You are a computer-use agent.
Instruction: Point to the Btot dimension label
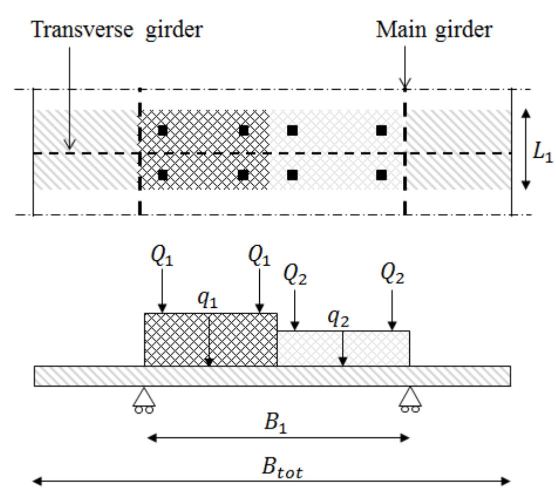(282, 469)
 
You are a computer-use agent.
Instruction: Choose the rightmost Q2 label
(392, 274)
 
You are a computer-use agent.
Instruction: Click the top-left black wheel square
(162, 131)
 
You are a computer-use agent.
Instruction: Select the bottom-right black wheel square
(381, 175)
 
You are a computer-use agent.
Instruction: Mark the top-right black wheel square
(381, 131)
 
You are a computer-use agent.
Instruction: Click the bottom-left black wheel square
(162, 175)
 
